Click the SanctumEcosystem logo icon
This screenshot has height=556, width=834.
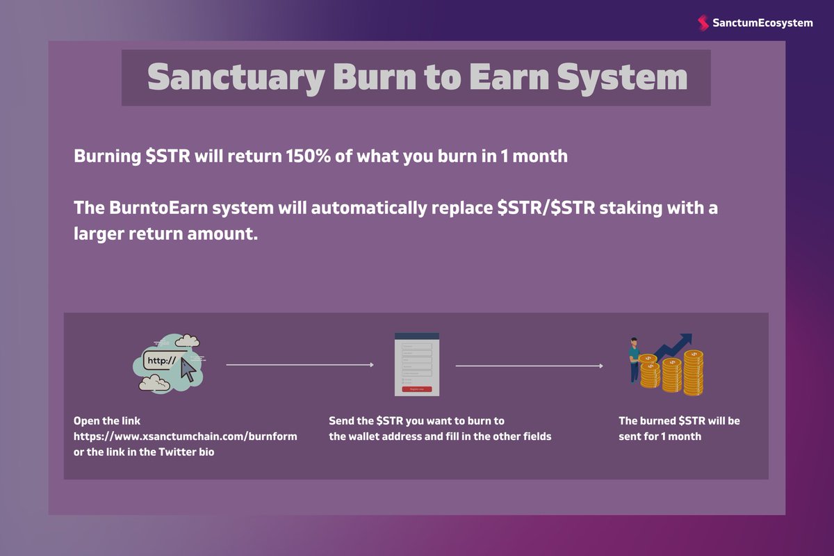pyautogui.click(x=703, y=23)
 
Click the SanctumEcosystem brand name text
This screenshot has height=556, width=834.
pyautogui.click(x=762, y=23)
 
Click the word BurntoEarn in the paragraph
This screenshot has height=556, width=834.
pyautogui.click(x=154, y=208)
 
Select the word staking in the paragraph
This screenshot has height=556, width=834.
pyautogui.click(x=625, y=208)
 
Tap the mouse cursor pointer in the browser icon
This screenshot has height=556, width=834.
pyautogui.click(x=188, y=370)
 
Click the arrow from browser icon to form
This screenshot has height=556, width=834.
pyautogui.click(x=300, y=364)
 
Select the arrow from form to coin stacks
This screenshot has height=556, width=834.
pyautogui.click(x=529, y=365)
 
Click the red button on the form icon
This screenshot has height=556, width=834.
pyautogui.click(x=417, y=389)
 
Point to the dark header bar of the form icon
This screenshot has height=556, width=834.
pyautogui.click(x=417, y=336)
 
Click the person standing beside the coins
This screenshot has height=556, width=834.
pyautogui.click(x=634, y=359)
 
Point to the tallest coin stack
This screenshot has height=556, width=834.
pyautogui.click(x=693, y=373)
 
